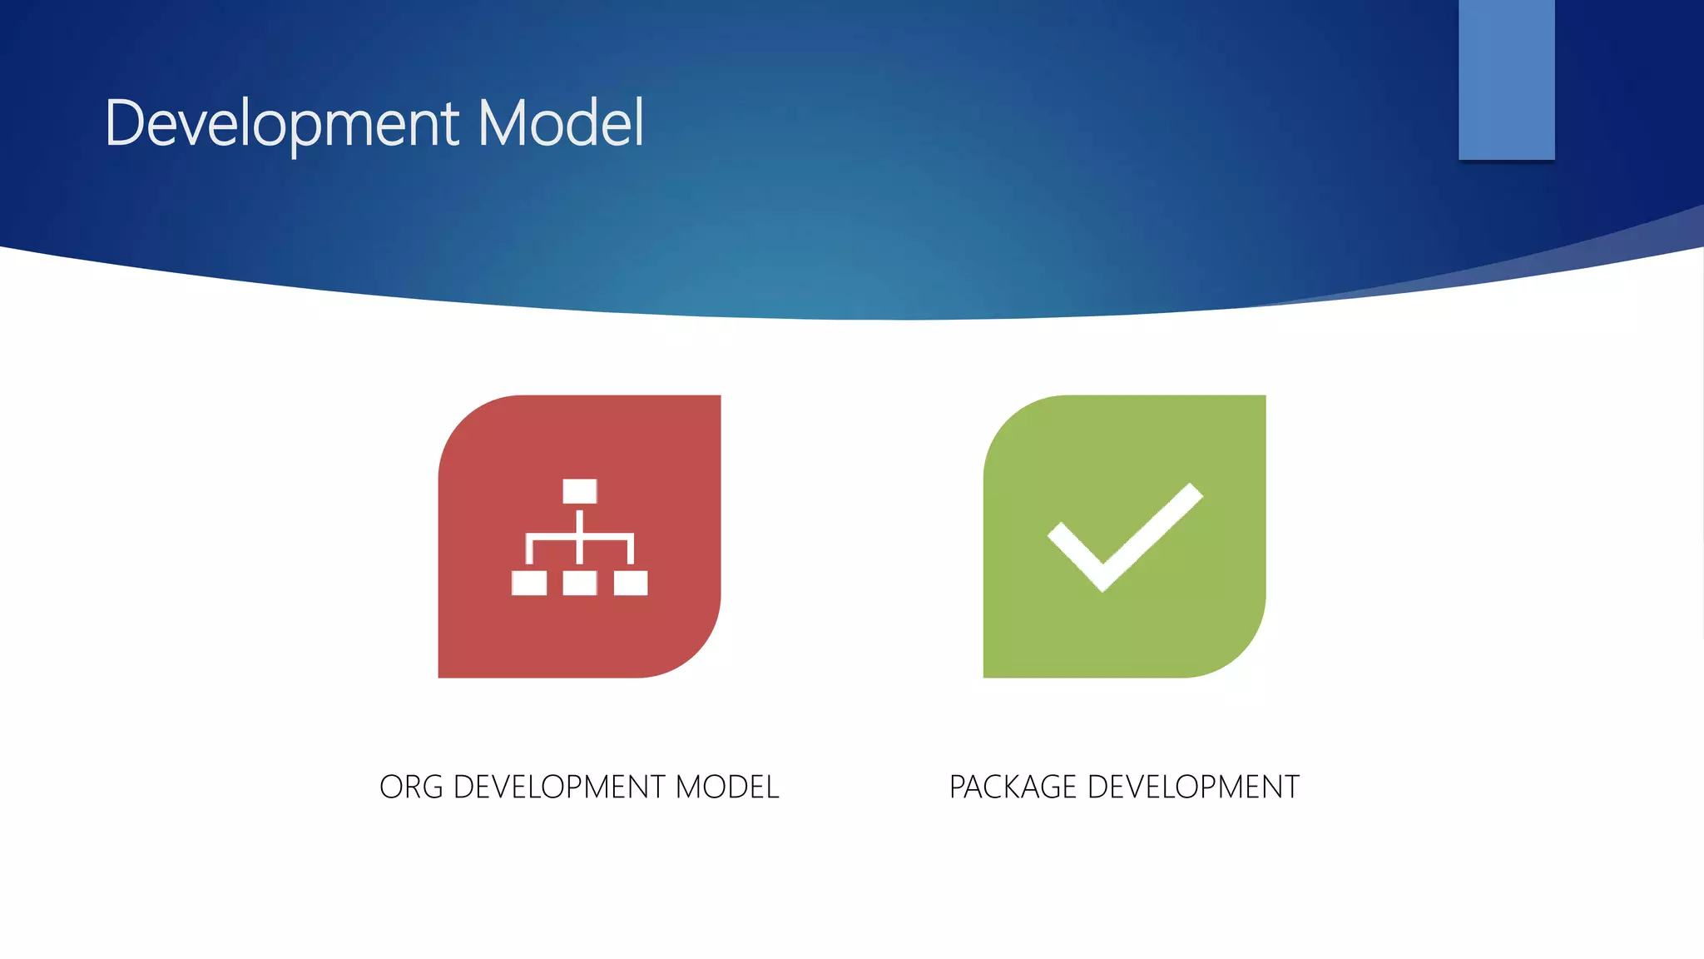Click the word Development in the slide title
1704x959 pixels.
coord(281,123)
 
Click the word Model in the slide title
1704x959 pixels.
coord(561,123)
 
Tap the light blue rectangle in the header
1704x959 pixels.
coord(1506,79)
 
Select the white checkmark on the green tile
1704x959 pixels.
coord(1124,537)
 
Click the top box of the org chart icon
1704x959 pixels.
coord(579,491)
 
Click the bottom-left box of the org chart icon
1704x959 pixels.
coord(528,583)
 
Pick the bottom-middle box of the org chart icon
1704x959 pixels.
coord(579,583)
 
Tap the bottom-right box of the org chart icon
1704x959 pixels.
coord(631,583)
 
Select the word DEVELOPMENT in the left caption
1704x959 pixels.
coord(558,787)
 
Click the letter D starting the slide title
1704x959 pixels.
coord(125,123)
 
